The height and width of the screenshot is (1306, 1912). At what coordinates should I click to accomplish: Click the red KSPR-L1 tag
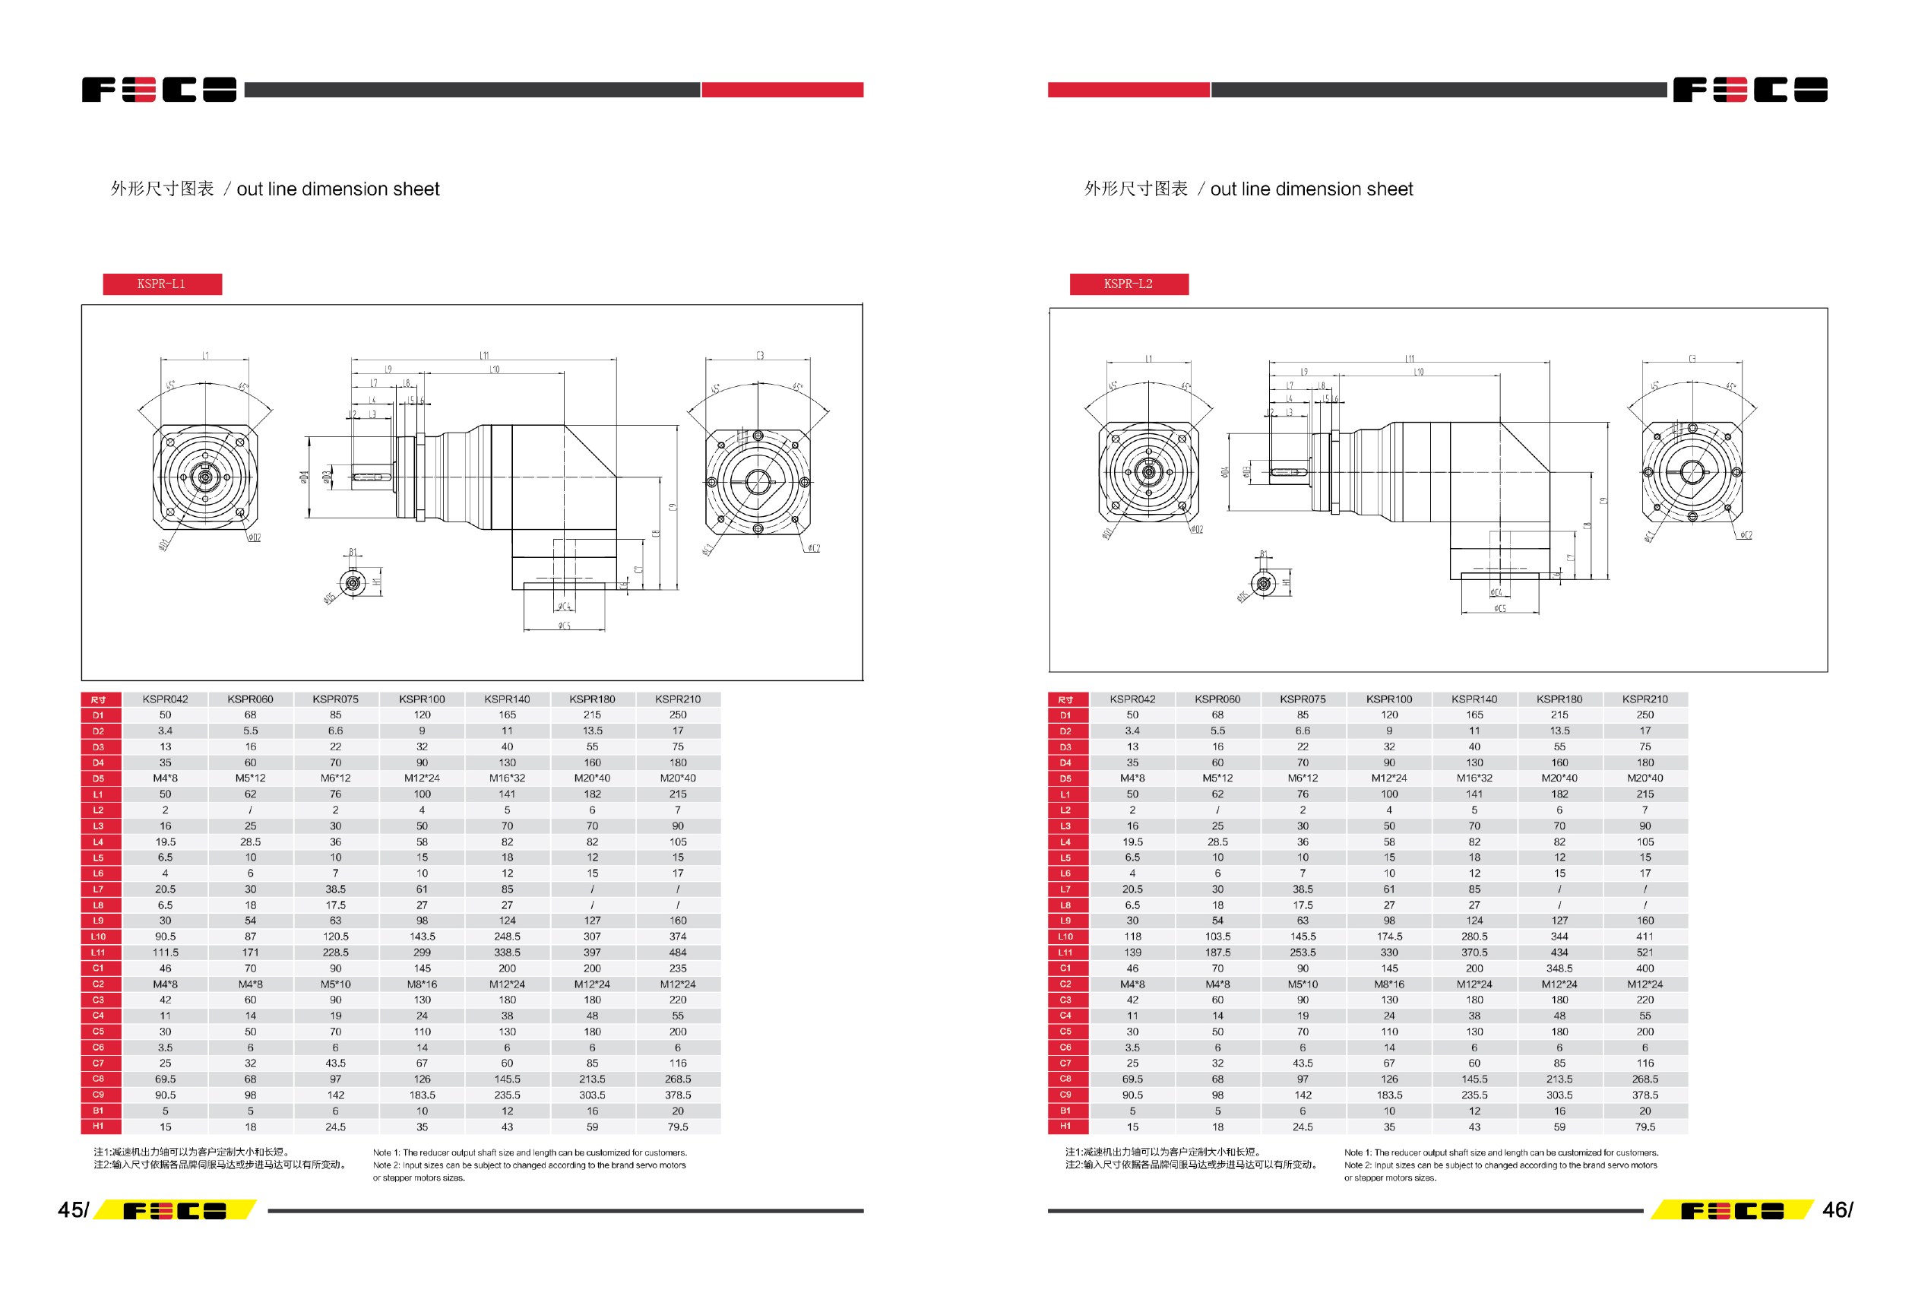[162, 284]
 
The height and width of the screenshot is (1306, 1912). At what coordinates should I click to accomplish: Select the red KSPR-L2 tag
[1128, 284]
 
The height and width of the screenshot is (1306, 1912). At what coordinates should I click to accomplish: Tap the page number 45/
[72, 1209]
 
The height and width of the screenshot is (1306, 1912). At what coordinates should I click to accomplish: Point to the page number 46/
[1837, 1209]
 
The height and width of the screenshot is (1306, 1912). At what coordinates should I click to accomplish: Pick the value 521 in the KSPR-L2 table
[1644, 953]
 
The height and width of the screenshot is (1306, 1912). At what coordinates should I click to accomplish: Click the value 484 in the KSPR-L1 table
[677, 953]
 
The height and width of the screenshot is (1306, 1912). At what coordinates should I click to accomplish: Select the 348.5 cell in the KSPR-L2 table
[1559, 968]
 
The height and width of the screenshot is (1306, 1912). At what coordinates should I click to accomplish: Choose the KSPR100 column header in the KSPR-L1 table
[421, 699]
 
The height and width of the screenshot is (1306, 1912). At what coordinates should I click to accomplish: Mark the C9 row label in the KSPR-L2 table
[1065, 1095]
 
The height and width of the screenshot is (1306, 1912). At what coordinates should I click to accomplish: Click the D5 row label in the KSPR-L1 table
[99, 778]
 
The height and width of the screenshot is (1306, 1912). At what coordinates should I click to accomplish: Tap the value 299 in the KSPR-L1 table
[421, 953]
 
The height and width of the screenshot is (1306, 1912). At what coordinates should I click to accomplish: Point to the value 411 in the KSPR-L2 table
[1644, 937]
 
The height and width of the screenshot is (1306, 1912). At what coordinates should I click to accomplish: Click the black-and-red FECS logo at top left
[159, 90]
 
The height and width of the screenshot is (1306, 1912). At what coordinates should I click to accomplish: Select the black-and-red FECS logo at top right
[1750, 90]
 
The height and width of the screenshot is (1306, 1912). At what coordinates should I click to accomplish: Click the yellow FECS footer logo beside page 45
[175, 1209]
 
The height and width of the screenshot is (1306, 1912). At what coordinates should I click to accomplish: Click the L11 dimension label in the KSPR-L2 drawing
[1410, 358]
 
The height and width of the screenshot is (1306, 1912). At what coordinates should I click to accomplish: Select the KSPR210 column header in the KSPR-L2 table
[1644, 699]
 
